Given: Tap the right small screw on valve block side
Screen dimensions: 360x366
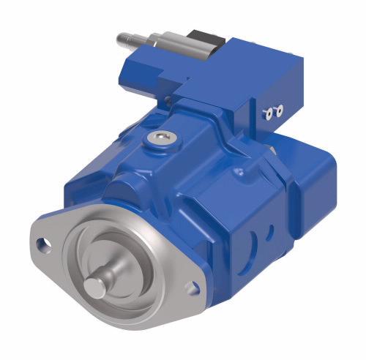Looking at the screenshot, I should (x=278, y=110).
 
